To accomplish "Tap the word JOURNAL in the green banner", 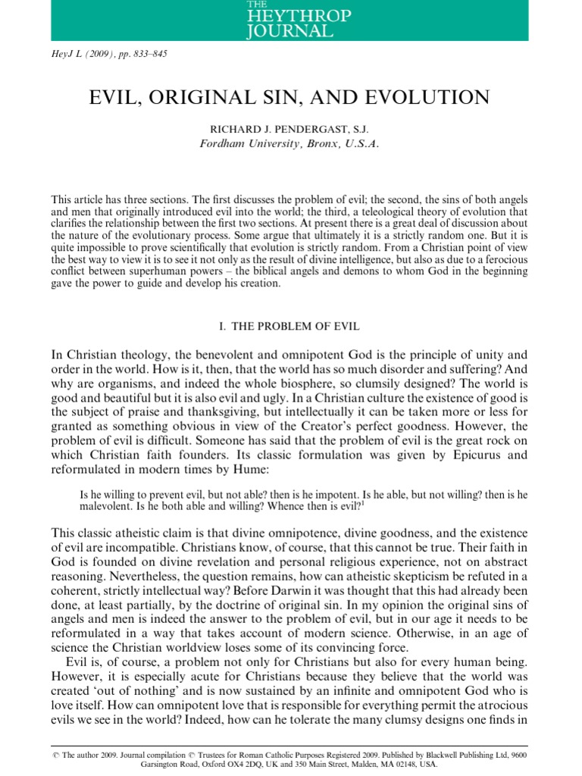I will click(289, 31).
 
